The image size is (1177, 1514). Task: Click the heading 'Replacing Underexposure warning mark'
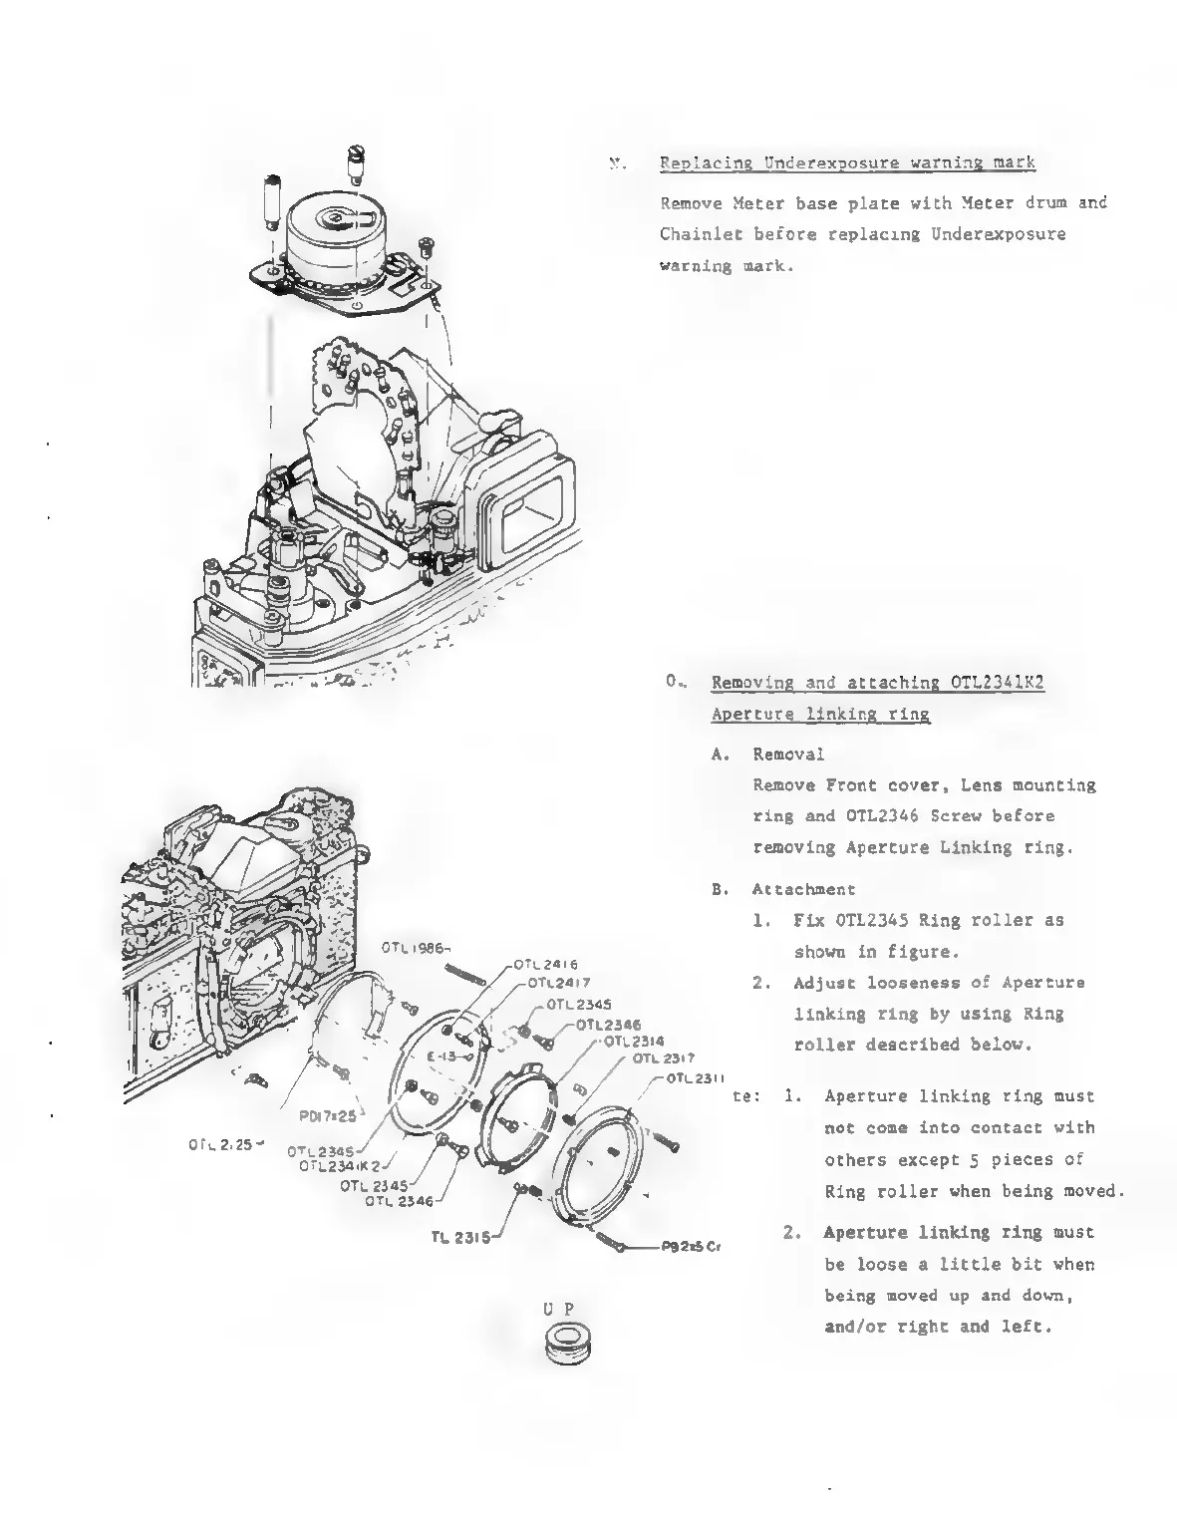847,162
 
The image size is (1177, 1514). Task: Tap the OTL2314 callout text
636,1042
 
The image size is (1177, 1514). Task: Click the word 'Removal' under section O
788,754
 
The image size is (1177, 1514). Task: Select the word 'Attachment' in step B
803,889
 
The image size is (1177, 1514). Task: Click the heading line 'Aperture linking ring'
820,714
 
